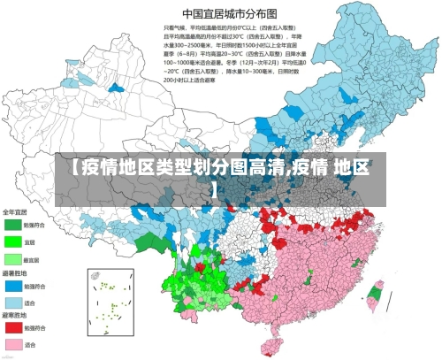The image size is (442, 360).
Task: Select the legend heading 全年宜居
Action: [x=15, y=212]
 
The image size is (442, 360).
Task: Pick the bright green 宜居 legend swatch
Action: [x=13, y=241]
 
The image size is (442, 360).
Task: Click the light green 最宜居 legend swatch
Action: [x=13, y=258]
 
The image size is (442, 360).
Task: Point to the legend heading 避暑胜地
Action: [x=15, y=274]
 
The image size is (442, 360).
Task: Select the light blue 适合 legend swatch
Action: [x=13, y=302]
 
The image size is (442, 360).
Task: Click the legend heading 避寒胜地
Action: [x=15, y=316]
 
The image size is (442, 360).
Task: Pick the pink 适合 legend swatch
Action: [x=13, y=344]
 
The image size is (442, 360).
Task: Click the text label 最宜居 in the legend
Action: [x=33, y=259]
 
